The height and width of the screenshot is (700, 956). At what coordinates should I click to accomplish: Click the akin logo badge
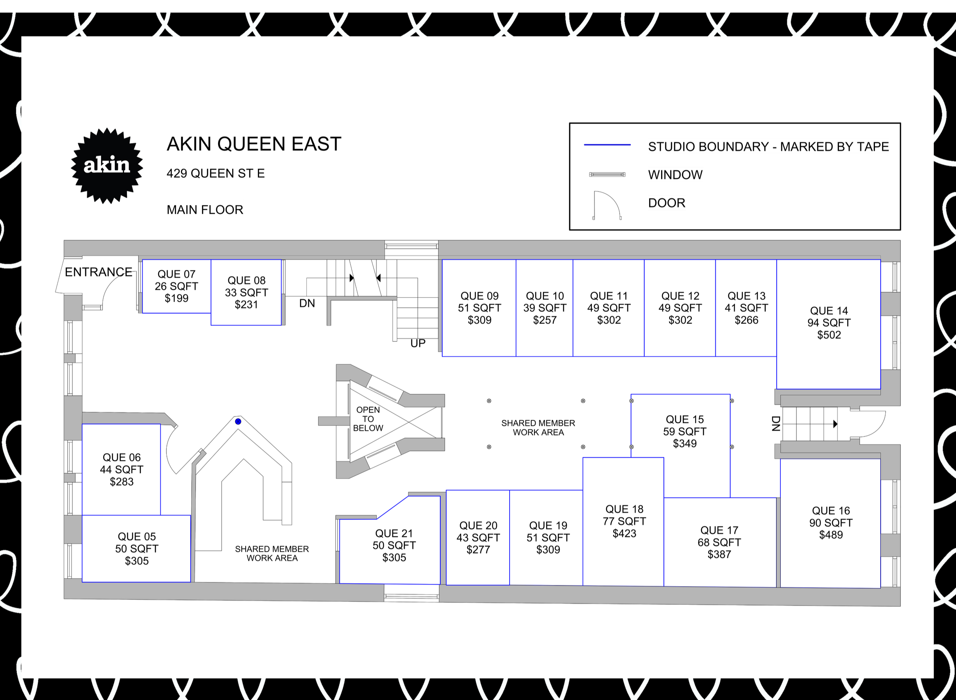pyautogui.click(x=107, y=165)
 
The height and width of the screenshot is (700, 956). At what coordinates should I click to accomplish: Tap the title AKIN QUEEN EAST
pyautogui.click(x=254, y=144)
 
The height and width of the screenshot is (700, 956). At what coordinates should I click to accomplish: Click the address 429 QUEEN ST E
pyautogui.click(x=215, y=173)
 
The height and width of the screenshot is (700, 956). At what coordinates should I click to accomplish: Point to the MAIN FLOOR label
pyautogui.click(x=205, y=210)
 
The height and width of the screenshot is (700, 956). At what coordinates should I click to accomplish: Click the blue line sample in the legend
pyautogui.click(x=607, y=145)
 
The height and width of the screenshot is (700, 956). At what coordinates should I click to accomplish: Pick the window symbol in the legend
pyautogui.click(x=607, y=175)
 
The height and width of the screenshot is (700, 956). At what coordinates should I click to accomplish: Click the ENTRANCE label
pyautogui.click(x=98, y=272)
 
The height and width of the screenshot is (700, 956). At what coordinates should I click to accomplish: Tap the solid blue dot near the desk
pyautogui.click(x=238, y=421)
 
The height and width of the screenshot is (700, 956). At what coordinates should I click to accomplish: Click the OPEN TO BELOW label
pyautogui.click(x=368, y=419)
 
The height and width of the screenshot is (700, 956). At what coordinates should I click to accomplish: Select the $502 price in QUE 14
pyautogui.click(x=829, y=335)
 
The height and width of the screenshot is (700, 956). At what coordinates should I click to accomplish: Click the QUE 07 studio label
pyautogui.click(x=176, y=274)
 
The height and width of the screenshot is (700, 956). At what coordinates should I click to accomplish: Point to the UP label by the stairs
pyautogui.click(x=418, y=343)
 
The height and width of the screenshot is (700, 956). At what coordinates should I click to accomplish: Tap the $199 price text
pyautogui.click(x=176, y=298)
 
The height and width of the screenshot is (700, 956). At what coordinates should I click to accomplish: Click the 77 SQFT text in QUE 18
pyautogui.click(x=624, y=521)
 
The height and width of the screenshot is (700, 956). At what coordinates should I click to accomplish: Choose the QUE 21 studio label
pyautogui.click(x=394, y=533)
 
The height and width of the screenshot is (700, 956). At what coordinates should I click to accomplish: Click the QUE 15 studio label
pyautogui.click(x=685, y=419)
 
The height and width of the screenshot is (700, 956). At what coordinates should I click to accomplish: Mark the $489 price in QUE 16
pyautogui.click(x=831, y=535)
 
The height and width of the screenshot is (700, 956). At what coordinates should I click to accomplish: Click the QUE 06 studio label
pyautogui.click(x=122, y=457)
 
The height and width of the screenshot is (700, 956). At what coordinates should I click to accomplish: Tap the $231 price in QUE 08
pyautogui.click(x=246, y=305)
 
